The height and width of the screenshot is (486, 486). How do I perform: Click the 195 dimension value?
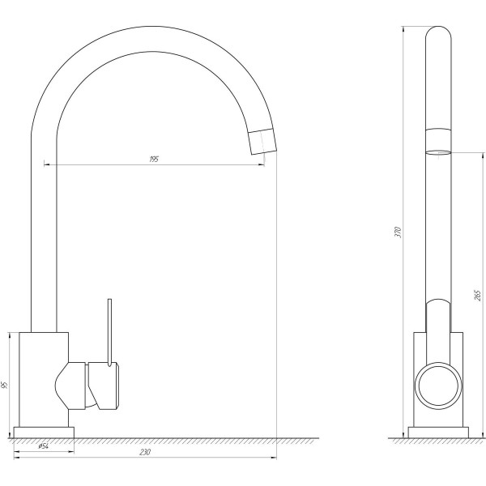coord(154,160)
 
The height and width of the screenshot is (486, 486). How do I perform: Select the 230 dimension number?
coord(145,452)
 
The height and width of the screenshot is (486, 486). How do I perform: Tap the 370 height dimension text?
coord(398,232)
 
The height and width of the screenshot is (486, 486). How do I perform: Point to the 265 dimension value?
coord(477,296)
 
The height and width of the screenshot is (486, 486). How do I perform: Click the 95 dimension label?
coord(4,386)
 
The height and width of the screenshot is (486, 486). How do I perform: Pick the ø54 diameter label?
coord(44,446)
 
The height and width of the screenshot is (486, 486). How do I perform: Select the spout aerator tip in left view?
coord(262,141)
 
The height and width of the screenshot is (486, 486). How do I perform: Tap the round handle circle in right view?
coord(438,386)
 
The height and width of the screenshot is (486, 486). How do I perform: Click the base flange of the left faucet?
coord(44,433)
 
